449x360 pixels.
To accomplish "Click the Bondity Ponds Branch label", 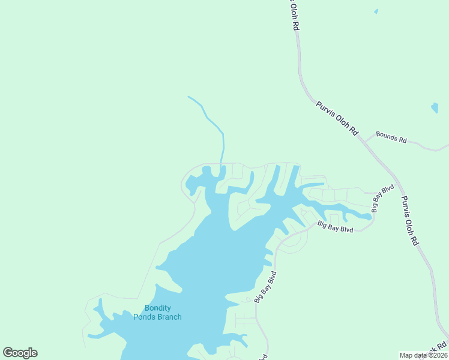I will tap(157, 313).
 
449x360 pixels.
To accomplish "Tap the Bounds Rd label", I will tap(391, 137).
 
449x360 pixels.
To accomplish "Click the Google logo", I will tap(20, 353).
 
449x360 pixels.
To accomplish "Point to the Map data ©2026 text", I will tap(423, 355).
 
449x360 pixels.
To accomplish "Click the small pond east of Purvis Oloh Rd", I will tap(435, 108).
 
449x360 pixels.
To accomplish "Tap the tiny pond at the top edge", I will tap(376, 11).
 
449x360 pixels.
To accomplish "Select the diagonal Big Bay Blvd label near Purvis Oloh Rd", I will tap(382, 198).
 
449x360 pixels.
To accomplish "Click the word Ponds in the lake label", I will tap(144, 317).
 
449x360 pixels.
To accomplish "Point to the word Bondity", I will tap(157, 308).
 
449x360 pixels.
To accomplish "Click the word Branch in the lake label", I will tap(169, 317).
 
